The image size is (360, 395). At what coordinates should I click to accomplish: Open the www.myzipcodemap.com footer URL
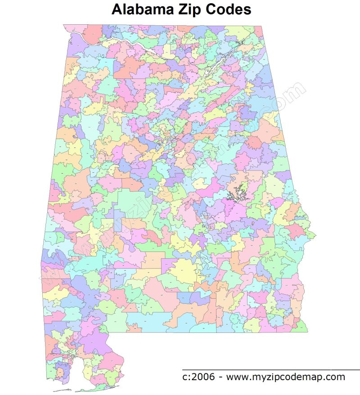click(x=285, y=377)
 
